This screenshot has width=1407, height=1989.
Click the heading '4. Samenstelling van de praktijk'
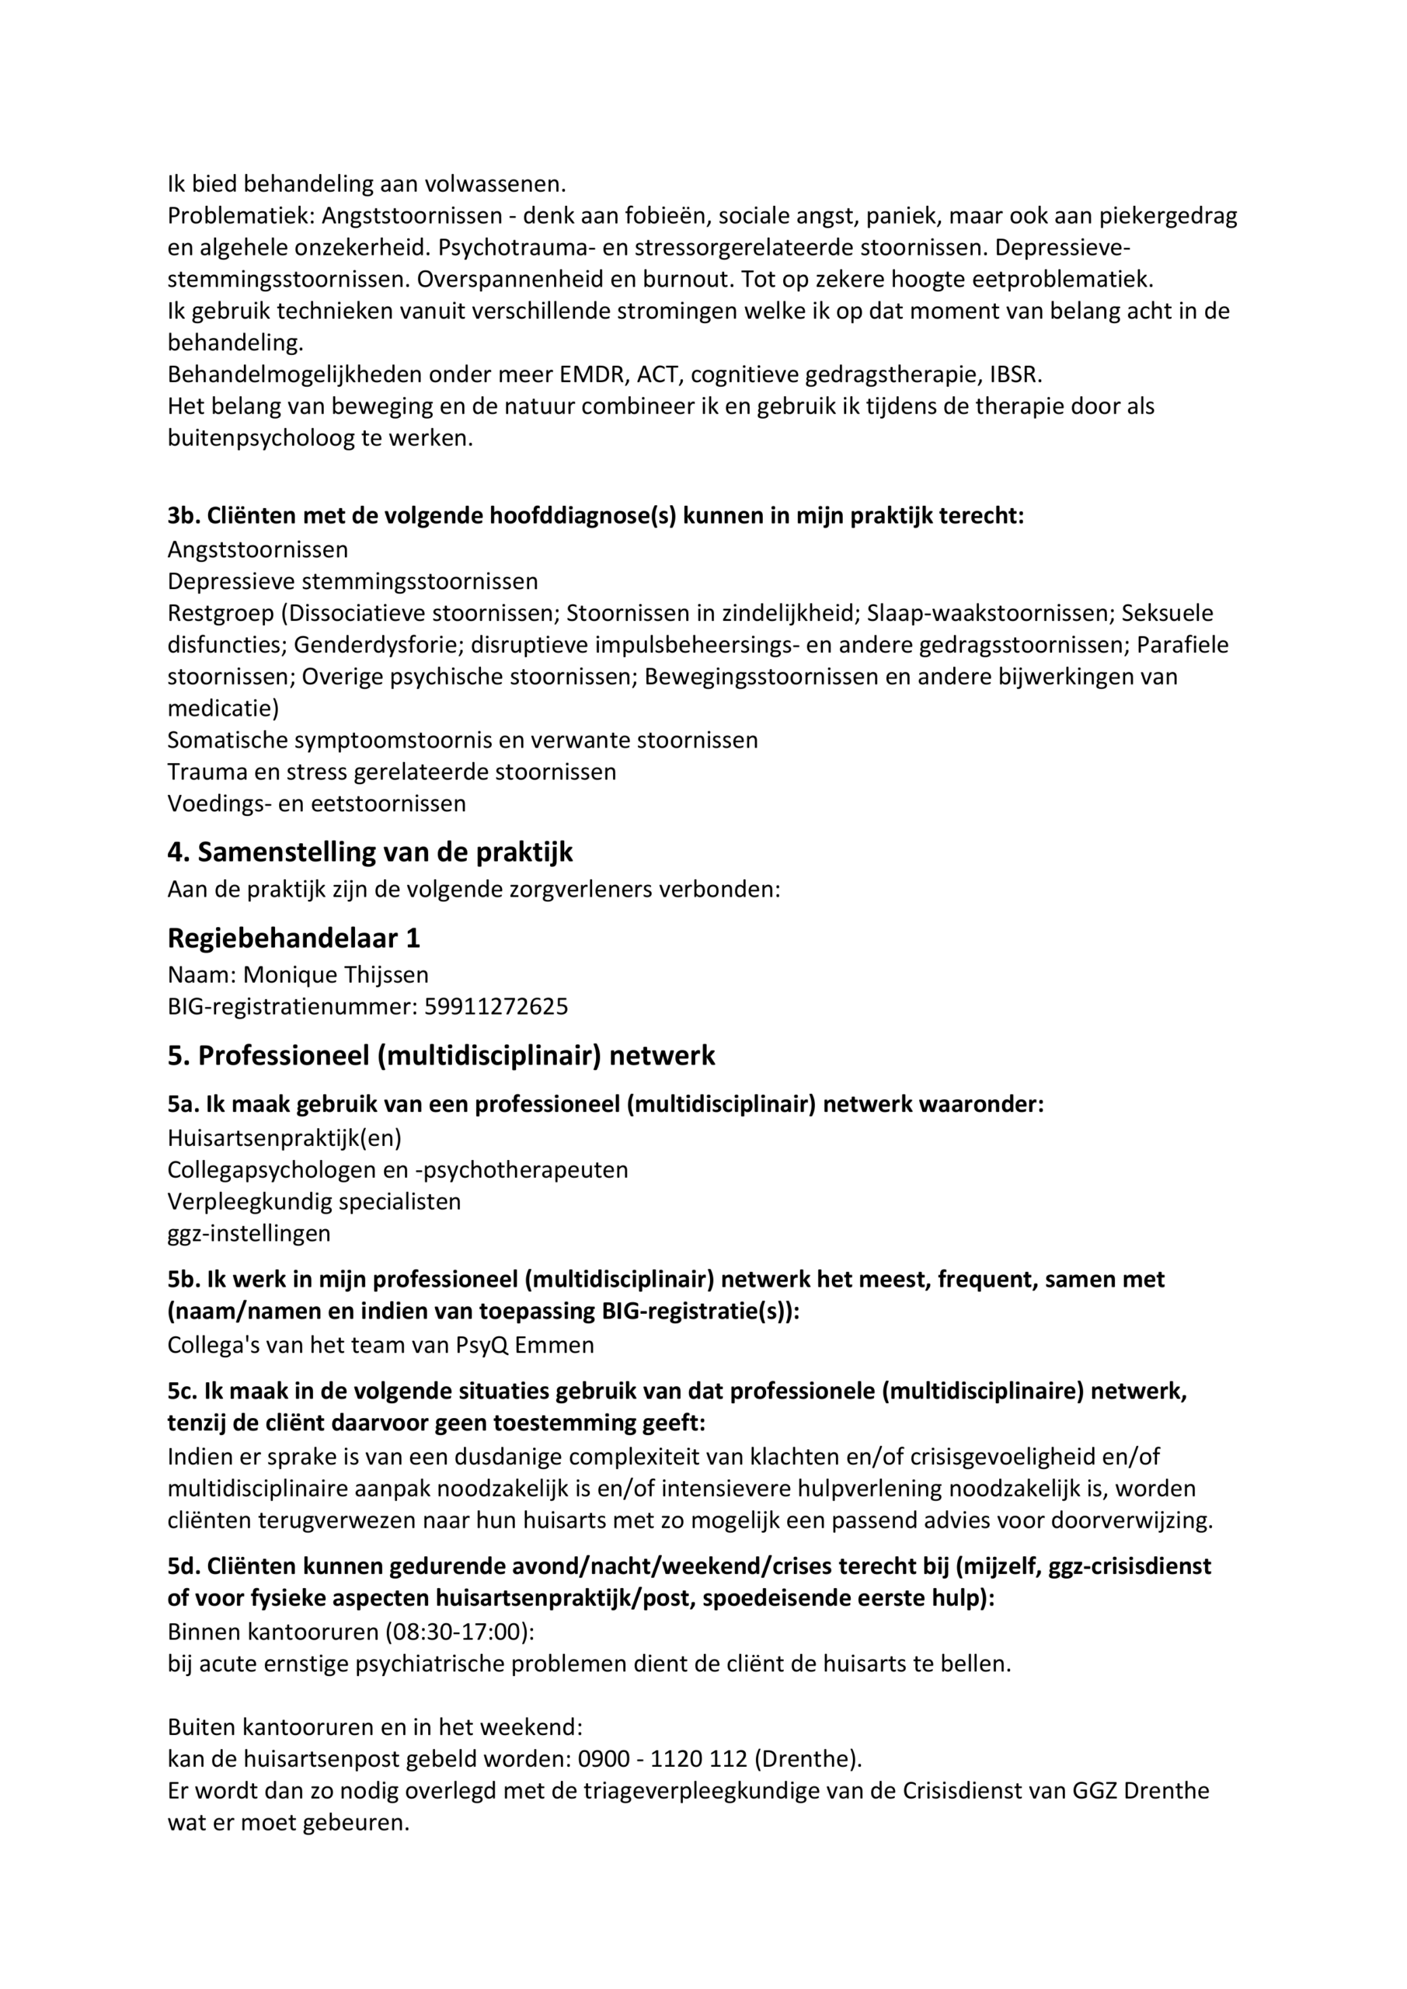(370, 852)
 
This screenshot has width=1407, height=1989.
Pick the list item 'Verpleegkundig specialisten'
(314, 1200)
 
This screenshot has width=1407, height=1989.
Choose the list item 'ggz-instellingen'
(249, 1233)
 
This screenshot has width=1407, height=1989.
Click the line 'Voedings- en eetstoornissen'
(316, 803)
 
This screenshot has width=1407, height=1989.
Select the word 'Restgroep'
(221, 612)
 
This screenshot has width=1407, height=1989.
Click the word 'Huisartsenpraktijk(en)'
(284, 1137)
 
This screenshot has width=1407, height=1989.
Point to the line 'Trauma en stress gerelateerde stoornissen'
(392, 771)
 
